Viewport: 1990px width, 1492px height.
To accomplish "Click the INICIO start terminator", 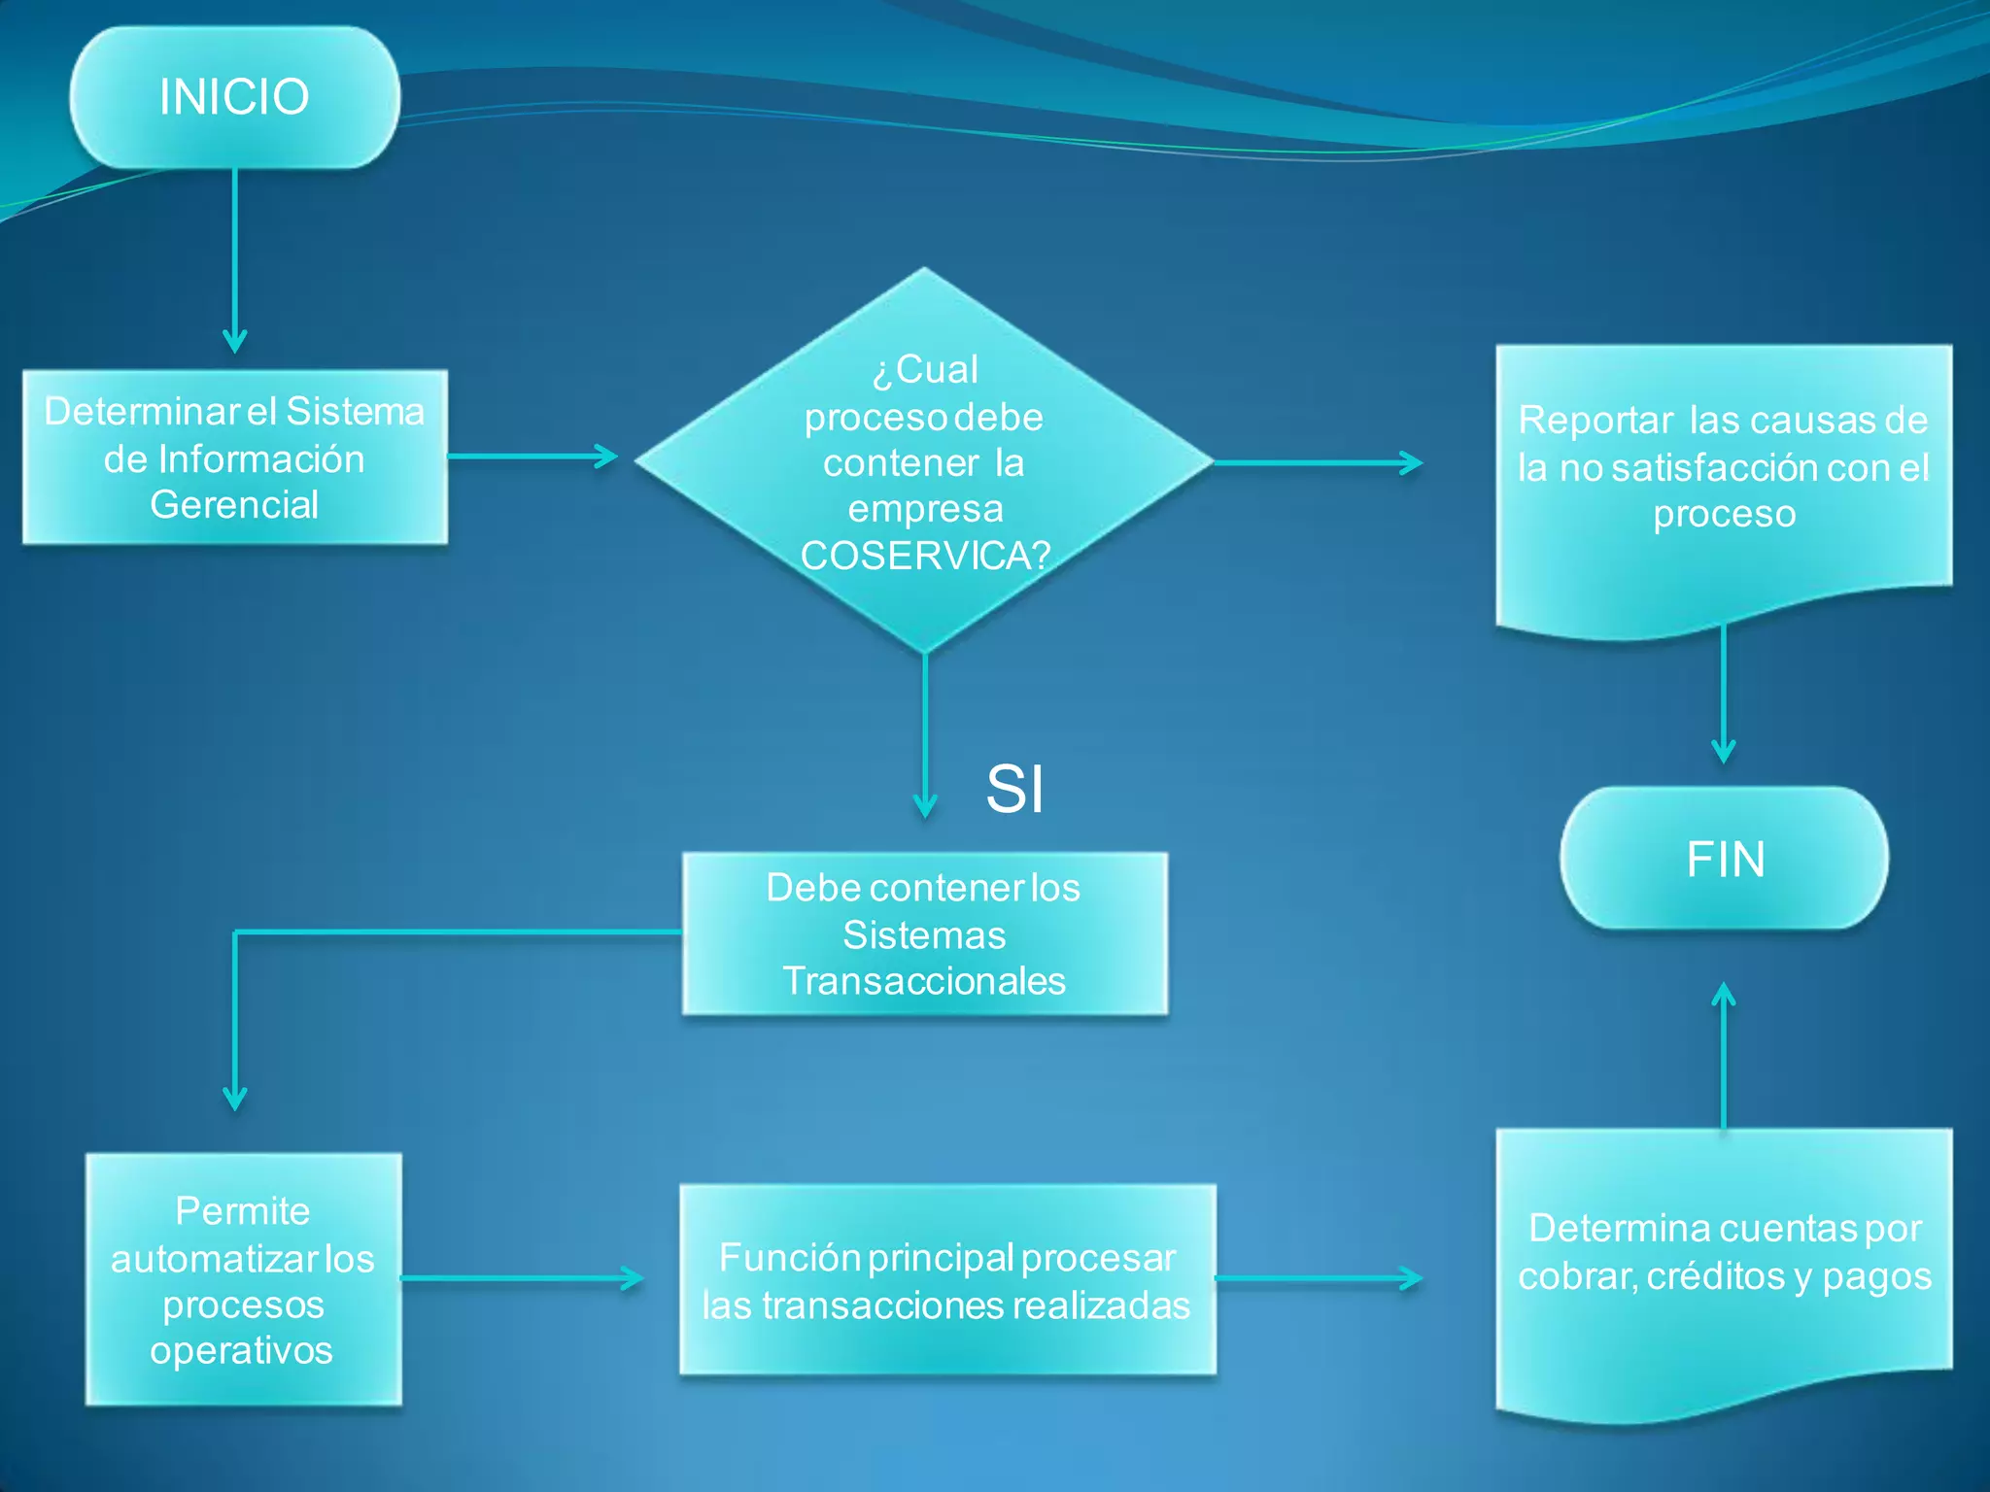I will [x=234, y=97].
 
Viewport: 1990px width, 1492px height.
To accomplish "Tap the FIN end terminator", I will [x=1725, y=859].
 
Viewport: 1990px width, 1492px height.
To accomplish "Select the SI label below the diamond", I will [x=1014, y=788].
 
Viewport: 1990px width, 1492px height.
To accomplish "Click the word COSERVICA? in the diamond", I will [x=925, y=556].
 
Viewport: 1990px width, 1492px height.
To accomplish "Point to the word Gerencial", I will [x=234, y=505].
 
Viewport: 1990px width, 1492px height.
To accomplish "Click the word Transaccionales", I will [x=924, y=981].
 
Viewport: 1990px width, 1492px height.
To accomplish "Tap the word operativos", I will [x=242, y=1350].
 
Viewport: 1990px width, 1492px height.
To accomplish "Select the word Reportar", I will [x=1595, y=421].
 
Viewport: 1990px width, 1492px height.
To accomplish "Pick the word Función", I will [x=789, y=1258].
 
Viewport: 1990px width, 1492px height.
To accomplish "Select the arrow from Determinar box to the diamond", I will [x=532, y=456].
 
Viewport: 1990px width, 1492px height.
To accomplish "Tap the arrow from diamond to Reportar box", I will [x=1318, y=463].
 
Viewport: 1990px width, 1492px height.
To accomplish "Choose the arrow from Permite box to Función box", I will [x=523, y=1278].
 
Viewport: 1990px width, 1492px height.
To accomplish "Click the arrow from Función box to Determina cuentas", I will [x=1319, y=1278].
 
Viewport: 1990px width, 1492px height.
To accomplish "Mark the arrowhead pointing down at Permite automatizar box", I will [x=235, y=1099].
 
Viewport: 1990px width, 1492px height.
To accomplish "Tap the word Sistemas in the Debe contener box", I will [x=924, y=935].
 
